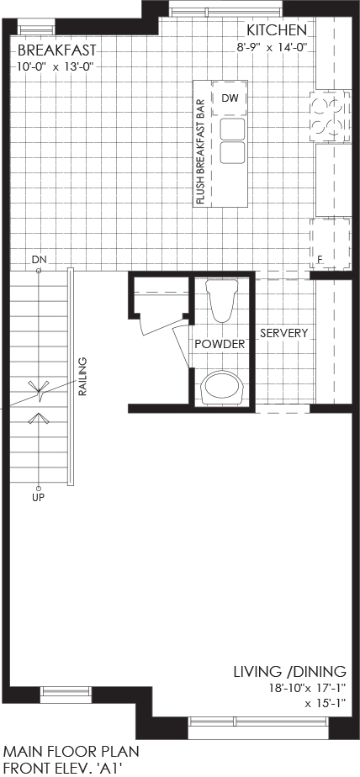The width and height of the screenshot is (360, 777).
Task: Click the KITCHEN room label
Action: (278, 31)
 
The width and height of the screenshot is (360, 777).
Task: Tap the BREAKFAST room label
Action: (56, 50)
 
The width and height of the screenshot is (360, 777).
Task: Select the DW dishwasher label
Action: (230, 98)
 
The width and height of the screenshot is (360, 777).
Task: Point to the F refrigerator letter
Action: (320, 259)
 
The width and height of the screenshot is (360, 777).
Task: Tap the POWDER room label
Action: (220, 344)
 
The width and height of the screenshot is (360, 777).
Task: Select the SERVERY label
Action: (283, 333)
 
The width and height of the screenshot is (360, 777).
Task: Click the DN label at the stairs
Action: (38, 259)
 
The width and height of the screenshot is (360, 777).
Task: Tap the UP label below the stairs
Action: (38, 498)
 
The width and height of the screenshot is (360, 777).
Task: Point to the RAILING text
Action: (82, 377)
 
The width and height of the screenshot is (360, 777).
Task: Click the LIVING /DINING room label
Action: (290, 672)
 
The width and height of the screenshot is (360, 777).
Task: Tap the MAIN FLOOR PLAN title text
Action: (71, 750)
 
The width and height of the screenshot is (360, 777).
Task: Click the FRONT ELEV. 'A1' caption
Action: (62, 768)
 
